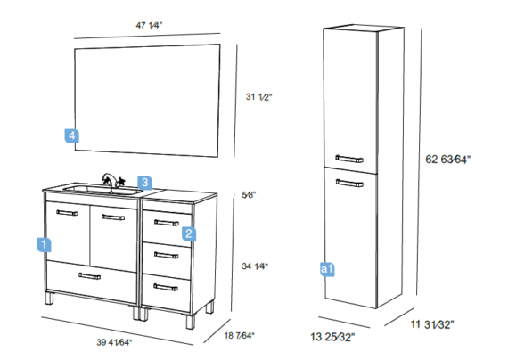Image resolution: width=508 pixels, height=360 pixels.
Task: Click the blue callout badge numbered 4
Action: (x=72, y=135)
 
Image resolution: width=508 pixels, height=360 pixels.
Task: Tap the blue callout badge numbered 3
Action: (x=144, y=183)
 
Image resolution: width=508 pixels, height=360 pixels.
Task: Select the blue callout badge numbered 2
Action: (x=189, y=233)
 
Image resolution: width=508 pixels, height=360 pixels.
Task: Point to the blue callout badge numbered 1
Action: (x=44, y=245)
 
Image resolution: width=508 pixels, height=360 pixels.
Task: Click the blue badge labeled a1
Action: (x=327, y=269)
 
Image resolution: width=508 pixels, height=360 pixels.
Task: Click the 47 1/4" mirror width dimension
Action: (x=149, y=25)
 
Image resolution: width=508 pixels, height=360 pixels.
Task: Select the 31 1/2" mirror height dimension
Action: (x=258, y=97)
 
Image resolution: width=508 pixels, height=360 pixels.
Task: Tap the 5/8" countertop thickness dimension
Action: (x=249, y=195)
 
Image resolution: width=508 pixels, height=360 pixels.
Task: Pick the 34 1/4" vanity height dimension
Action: (x=255, y=266)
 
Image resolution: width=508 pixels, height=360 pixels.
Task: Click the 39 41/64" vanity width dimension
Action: (x=114, y=342)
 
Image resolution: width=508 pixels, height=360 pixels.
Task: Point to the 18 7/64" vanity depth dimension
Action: (x=240, y=335)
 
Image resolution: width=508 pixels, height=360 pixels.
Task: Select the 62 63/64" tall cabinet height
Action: (x=447, y=160)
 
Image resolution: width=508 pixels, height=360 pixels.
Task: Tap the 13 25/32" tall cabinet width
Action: (x=332, y=337)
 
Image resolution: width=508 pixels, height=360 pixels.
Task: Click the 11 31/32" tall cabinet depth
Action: (x=432, y=324)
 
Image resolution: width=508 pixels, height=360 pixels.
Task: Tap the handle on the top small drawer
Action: (x=167, y=223)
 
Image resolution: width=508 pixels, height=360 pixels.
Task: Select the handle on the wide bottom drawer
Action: (x=90, y=276)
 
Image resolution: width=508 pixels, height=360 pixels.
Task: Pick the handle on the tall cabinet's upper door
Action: (x=349, y=159)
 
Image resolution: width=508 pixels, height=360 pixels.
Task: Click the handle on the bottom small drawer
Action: (x=166, y=288)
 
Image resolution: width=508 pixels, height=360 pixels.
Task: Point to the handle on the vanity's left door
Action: (x=67, y=213)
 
